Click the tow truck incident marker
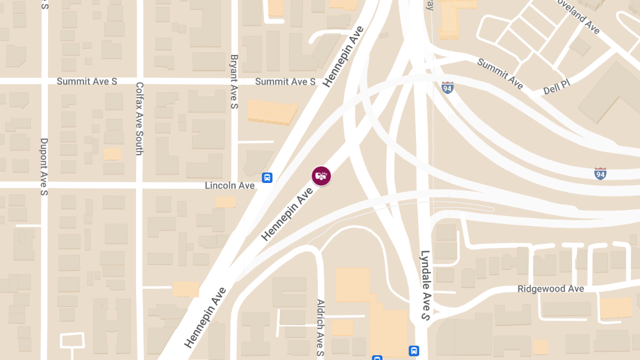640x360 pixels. [x=321, y=175]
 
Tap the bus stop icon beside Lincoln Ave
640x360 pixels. [x=268, y=178]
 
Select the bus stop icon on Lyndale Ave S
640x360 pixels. [x=414, y=351]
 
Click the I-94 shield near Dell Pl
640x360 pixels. [x=447, y=87]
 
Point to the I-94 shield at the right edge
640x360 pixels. [x=600, y=173]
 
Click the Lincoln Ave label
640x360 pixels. [x=230, y=186]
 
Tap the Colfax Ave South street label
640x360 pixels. [x=139, y=118]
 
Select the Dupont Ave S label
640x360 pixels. [x=44, y=166]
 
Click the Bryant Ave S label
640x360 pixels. [x=234, y=82]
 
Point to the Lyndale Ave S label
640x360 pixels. [x=425, y=285]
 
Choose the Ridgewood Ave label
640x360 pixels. [x=550, y=289]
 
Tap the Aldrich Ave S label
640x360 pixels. [x=321, y=327]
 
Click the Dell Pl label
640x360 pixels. [x=557, y=89]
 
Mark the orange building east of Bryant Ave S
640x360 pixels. [x=271, y=111]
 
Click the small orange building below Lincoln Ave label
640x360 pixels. [x=226, y=202]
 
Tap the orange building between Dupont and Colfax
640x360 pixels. [x=112, y=154]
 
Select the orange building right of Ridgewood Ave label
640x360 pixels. [x=615, y=308]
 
